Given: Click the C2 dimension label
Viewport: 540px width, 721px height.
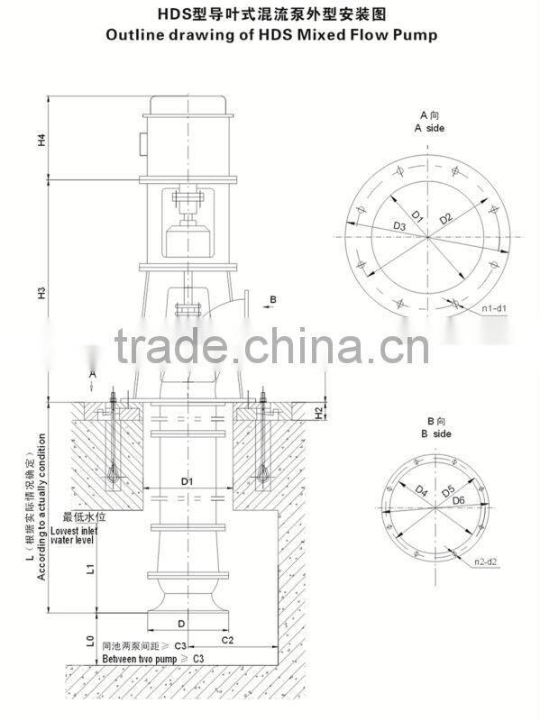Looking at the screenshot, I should pyautogui.click(x=227, y=639).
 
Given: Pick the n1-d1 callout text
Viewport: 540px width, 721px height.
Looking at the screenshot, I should pyautogui.click(x=494, y=309).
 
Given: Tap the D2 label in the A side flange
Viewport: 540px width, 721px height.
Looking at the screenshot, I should pyautogui.click(x=444, y=220).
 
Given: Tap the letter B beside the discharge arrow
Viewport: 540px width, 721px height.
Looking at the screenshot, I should pyautogui.click(x=273, y=297).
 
